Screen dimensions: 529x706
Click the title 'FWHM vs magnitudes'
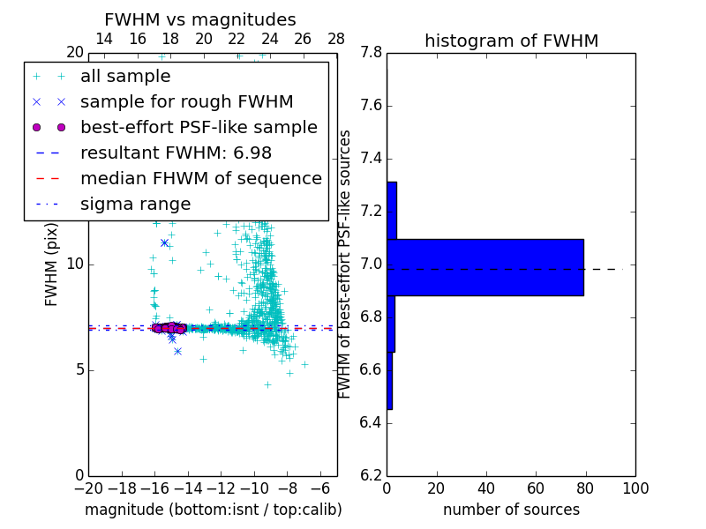pos(200,20)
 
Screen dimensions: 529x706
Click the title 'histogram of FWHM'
pos(511,41)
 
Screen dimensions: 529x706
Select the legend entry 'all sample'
pos(125,77)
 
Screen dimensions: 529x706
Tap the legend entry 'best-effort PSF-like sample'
pos(199,127)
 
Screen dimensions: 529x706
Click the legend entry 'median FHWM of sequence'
pos(200,178)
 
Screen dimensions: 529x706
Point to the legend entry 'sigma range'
pos(135,204)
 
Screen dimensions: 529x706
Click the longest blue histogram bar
pos(485,267)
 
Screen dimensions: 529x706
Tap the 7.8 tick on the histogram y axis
pos(371,53)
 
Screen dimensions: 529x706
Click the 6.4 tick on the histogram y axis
pos(371,422)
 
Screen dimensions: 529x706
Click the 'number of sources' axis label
pos(511,510)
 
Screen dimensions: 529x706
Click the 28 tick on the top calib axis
pos(336,39)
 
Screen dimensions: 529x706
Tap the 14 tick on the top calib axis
pos(103,39)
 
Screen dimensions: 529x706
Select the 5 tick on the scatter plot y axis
pos(79,369)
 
